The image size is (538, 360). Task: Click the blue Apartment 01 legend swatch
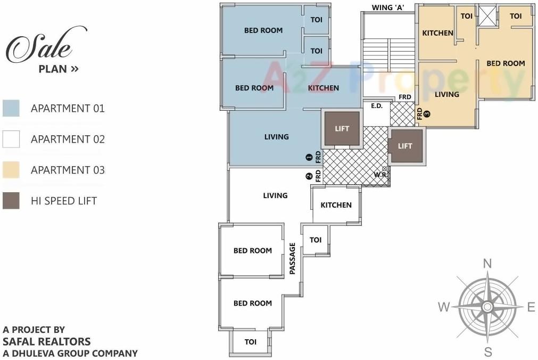pyautogui.click(x=11, y=108)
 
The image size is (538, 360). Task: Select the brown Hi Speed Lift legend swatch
pyautogui.click(x=11, y=201)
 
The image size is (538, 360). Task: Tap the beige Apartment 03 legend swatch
pyautogui.click(x=11, y=170)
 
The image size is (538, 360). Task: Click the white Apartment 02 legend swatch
pyautogui.click(x=11, y=139)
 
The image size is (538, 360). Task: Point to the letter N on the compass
pyautogui.click(x=487, y=263)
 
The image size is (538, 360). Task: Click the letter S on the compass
pyautogui.click(x=487, y=351)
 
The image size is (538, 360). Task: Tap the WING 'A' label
pyautogui.click(x=388, y=7)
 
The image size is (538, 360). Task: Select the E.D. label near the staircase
pyautogui.click(x=377, y=106)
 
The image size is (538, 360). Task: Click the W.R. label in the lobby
pyautogui.click(x=380, y=175)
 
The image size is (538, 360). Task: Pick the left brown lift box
pyautogui.click(x=342, y=129)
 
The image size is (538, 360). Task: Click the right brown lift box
pyautogui.click(x=406, y=146)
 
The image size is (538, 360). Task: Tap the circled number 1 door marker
pyautogui.click(x=309, y=157)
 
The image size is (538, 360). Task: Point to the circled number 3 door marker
pyautogui.click(x=427, y=113)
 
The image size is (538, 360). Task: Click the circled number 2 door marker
pyautogui.click(x=309, y=177)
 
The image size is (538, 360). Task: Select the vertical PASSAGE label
pyautogui.click(x=292, y=259)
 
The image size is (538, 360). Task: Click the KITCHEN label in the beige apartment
pyautogui.click(x=437, y=33)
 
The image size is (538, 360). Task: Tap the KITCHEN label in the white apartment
pyautogui.click(x=336, y=205)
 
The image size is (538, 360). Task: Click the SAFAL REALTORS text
pyautogui.click(x=47, y=341)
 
